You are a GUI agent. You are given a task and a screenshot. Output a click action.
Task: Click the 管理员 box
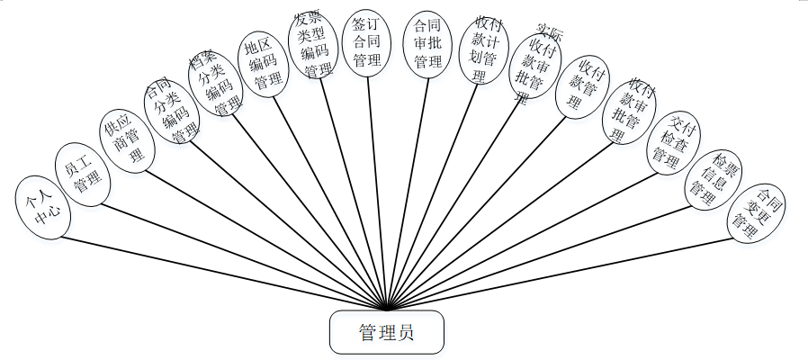pyautogui.click(x=387, y=332)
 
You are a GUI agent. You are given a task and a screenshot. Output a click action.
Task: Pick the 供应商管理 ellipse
pyautogui.click(x=125, y=139)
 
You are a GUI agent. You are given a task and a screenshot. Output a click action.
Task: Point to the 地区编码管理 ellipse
pyautogui.click(x=263, y=63)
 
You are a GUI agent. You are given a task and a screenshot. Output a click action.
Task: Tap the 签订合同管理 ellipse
pyautogui.click(x=367, y=44)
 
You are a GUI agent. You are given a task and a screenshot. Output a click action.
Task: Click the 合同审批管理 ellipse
pyautogui.click(x=427, y=45)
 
